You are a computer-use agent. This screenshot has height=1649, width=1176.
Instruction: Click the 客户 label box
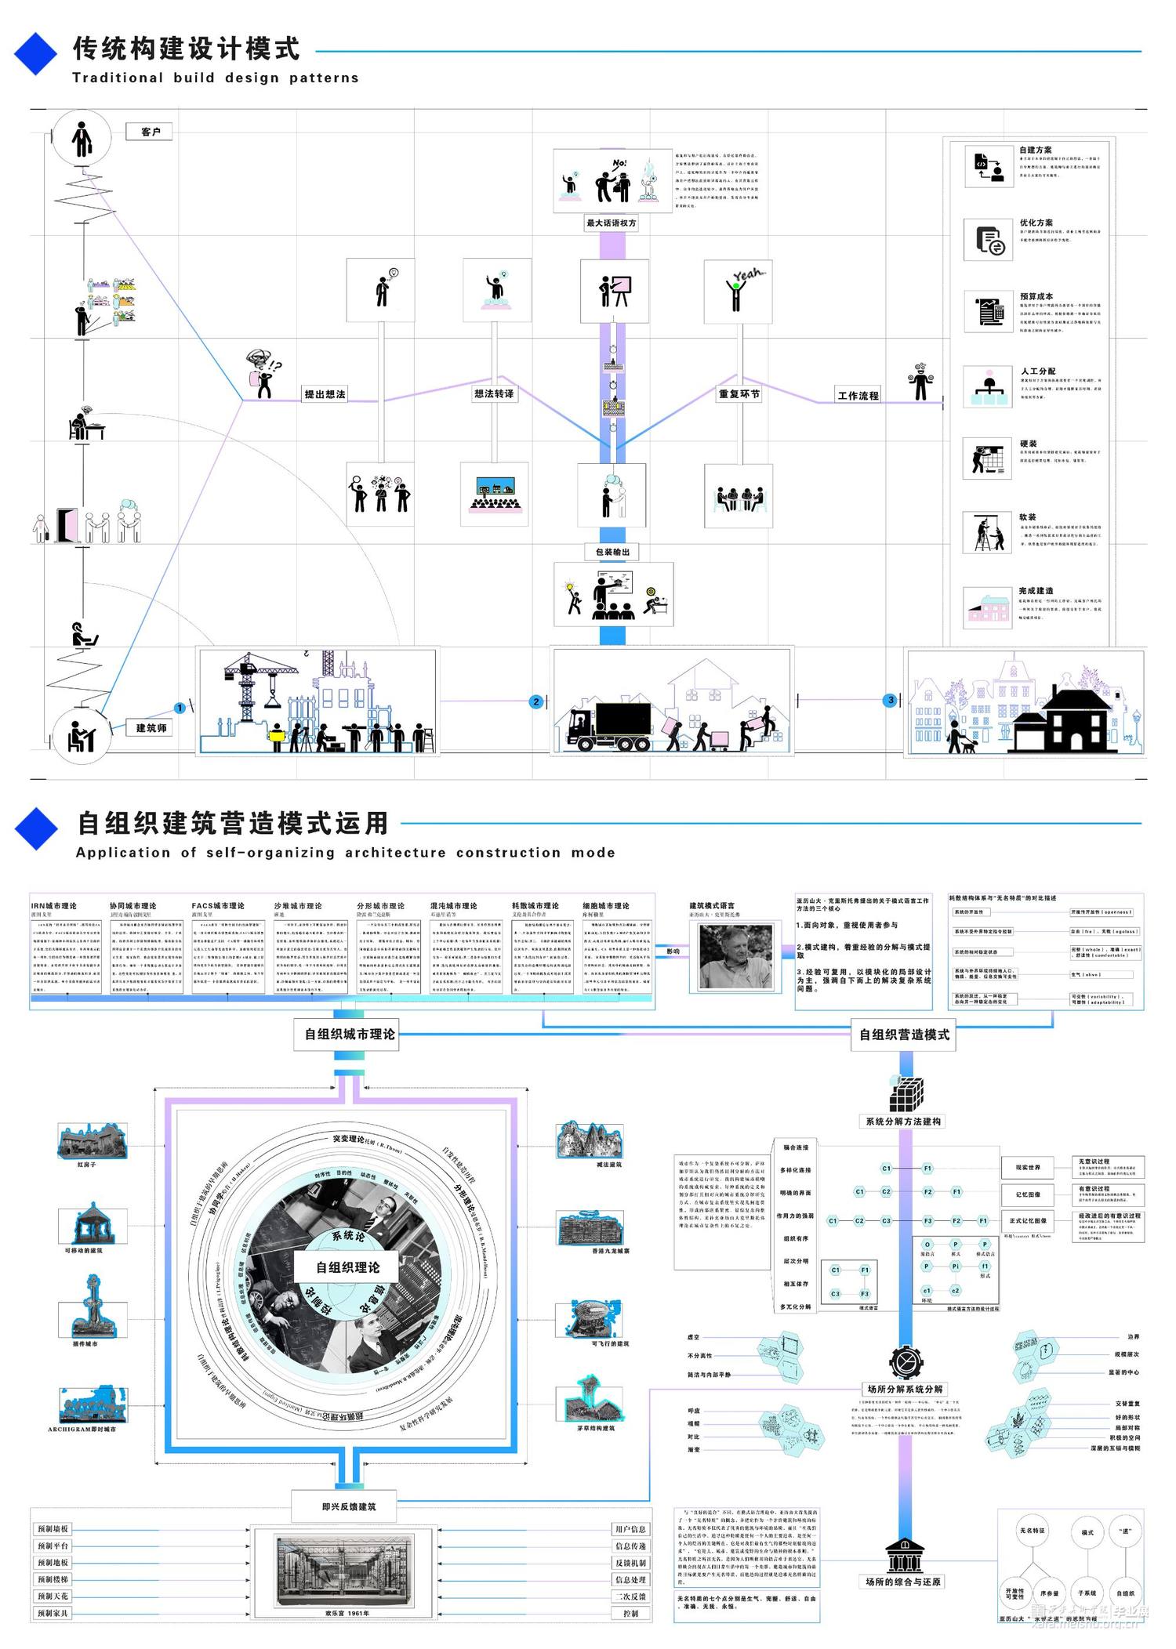(x=150, y=132)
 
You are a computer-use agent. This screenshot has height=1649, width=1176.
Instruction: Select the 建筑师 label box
(x=151, y=728)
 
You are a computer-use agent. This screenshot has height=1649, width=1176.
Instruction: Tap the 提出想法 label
(x=325, y=394)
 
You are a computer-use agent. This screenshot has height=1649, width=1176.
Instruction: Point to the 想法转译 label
(x=494, y=393)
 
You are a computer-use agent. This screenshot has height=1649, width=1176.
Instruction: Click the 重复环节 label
(x=739, y=394)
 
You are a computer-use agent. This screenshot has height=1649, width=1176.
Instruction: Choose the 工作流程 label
(x=858, y=396)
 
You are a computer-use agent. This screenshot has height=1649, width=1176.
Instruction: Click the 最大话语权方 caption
(x=612, y=223)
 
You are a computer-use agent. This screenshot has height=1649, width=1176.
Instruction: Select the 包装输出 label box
(x=612, y=552)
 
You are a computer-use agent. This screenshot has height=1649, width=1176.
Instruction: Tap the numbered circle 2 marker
(x=536, y=701)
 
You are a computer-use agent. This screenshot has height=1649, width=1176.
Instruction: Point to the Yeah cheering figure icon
(x=739, y=290)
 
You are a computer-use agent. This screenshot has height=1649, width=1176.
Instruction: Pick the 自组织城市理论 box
(x=350, y=1035)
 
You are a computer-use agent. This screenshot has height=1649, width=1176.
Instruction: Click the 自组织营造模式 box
(x=904, y=1035)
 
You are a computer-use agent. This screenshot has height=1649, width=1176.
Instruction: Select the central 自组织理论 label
(x=348, y=1267)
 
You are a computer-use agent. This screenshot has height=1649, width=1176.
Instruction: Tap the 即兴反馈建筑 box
(x=349, y=1506)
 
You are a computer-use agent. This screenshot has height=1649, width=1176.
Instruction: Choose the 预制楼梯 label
(x=53, y=1579)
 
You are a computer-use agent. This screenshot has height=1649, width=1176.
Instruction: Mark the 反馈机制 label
(x=630, y=1563)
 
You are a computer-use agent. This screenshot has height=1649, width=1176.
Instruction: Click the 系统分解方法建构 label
(x=903, y=1122)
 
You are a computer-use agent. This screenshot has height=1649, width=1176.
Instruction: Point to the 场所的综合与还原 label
(x=903, y=1582)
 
